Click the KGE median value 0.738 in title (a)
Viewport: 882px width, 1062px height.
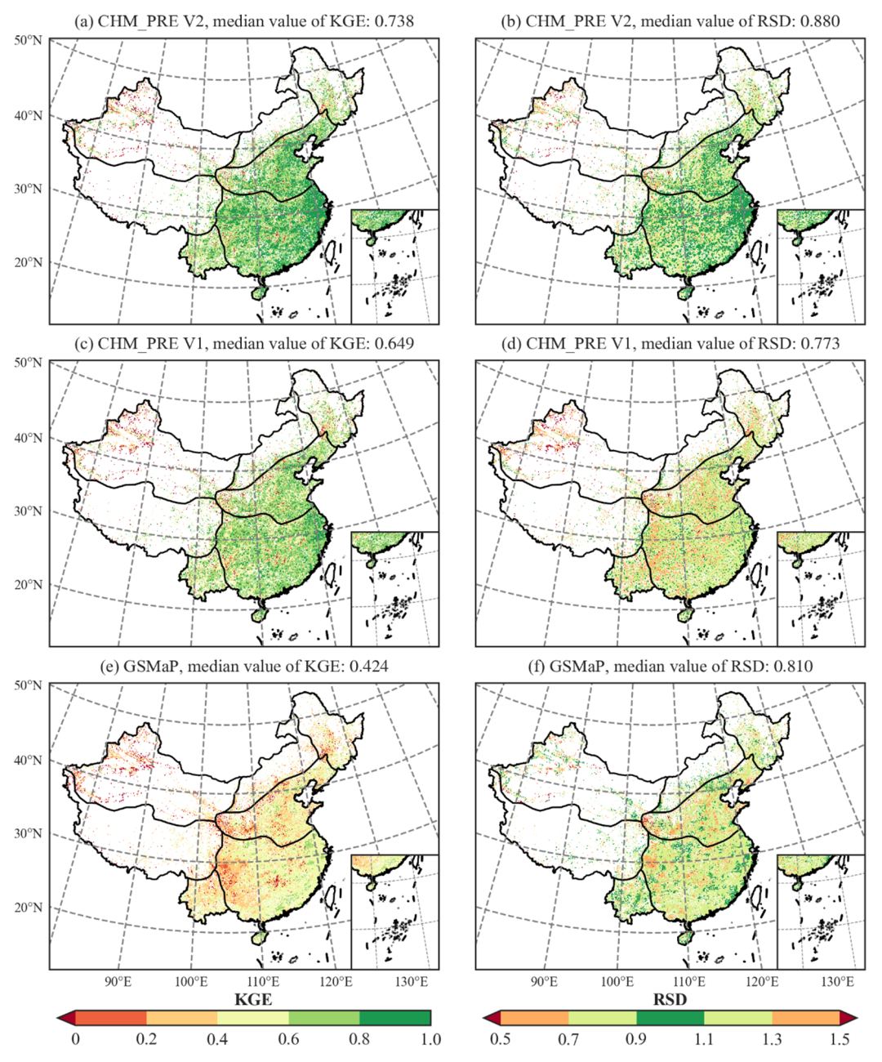coord(394,21)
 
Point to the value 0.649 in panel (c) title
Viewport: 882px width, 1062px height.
coord(394,343)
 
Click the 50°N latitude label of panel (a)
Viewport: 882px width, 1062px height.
coord(28,40)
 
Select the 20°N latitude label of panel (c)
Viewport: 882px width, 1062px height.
coord(28,585)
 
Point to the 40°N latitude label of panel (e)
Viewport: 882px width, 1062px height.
coord(28,761)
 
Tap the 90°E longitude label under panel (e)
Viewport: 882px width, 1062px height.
coord(118,981)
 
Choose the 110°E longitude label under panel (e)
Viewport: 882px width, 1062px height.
coord(262,981)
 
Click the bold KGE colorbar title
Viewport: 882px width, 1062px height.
coord(253,999)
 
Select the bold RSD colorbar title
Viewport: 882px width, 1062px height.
coord(670,999)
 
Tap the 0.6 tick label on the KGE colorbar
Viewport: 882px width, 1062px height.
coord(288,1039)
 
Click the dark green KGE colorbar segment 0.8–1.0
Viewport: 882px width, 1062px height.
coord(394,1018)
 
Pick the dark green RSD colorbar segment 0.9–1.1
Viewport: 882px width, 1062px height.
coord(670,1018)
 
